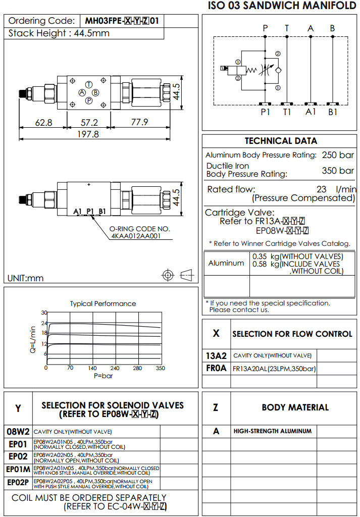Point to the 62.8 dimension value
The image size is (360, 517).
44,122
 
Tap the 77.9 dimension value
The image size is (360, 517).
139,122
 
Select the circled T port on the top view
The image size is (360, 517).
89,84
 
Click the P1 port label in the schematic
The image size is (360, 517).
266,112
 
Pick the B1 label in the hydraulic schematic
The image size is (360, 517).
333,112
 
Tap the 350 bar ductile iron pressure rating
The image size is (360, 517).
338,171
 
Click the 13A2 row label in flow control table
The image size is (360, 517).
217,355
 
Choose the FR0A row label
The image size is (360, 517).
217,368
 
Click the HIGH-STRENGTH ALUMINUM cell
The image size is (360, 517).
273,431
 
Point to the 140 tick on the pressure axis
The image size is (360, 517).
92,368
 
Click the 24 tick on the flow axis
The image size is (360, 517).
44,323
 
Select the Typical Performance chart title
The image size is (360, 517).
103,303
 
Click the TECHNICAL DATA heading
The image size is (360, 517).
281,141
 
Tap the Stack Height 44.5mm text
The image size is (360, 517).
59,33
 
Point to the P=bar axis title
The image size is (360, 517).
104,376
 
